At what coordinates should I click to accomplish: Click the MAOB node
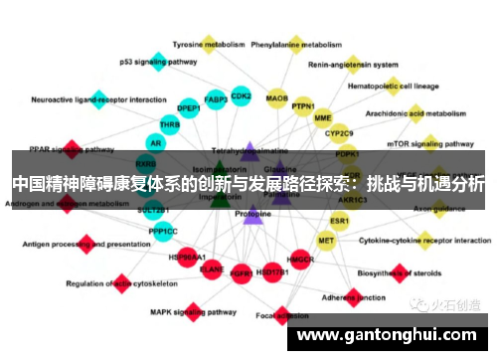[x=277, y=98]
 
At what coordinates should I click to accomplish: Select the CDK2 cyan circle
[x=241, y=97]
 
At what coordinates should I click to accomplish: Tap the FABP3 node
[x=215, y=100]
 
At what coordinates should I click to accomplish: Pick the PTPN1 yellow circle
[x=303, y=106]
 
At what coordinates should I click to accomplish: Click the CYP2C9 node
[x=339, y=133]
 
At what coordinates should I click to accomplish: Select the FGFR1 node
[x=241, y=271]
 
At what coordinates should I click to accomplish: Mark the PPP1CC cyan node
[x=163, y=232]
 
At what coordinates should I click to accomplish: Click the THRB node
[x=169, y=126]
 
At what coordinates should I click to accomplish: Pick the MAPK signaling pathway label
[x=162, y=311]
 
